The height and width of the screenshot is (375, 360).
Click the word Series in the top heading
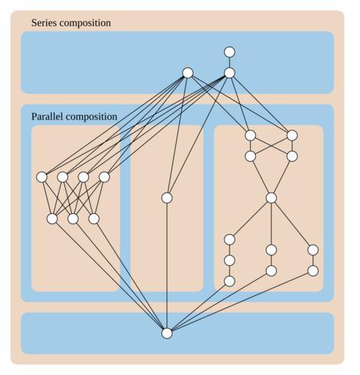coord(44,23)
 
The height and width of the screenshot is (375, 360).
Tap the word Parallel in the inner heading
coord(48,116)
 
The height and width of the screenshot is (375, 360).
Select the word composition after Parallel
coord(92,117)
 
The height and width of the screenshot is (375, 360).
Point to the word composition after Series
coord(85,23)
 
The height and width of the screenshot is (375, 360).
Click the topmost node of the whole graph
coord(229,52)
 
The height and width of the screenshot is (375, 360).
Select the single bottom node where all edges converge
coord(167,333)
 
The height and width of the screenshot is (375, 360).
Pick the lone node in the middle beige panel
coord(167,198)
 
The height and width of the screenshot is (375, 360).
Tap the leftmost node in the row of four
coord(42,177)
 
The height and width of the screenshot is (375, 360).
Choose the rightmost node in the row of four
coord(104,177)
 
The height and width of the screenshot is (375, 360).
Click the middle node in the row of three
coord(73,219)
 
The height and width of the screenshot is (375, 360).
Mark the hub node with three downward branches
coord(271,198)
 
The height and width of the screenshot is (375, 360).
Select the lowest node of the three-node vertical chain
coord(229,281)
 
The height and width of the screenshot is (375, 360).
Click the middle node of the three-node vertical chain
coord(229,260)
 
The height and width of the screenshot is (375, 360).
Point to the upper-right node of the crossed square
coord(292,135)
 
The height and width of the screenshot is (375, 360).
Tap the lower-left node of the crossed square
coord(250,156)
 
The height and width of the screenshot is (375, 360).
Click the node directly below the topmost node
coord(229,73)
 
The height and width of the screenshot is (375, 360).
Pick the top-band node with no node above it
coord(188,73)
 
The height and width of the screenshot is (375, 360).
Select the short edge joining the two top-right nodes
coord(229,62)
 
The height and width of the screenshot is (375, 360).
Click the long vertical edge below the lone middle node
coord(167,266)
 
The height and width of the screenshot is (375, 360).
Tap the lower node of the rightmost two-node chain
coord(313,271)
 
